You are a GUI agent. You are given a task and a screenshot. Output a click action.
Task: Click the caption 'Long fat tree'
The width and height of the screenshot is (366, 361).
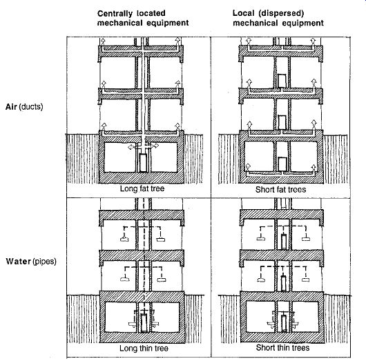tap(142, 188)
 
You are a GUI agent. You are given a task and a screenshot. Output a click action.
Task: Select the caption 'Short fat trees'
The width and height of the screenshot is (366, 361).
tap(280, 190)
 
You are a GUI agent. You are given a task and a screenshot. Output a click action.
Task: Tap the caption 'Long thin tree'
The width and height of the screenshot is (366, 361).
tap(144, 349)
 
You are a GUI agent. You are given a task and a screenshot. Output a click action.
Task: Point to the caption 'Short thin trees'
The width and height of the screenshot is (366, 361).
tap(282, 348)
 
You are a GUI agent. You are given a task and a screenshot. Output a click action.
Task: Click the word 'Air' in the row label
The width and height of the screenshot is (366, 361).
tap(11, 107)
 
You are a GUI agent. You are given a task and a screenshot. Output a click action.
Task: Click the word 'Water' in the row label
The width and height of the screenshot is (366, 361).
tap(18, 262)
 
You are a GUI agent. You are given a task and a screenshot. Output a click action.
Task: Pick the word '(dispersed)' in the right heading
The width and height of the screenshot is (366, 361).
tap(281, 13)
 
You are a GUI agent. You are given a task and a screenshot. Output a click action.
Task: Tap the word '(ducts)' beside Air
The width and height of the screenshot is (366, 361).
tap(31, 107)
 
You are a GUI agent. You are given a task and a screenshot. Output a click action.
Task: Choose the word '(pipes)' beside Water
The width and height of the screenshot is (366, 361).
tap(44, 262)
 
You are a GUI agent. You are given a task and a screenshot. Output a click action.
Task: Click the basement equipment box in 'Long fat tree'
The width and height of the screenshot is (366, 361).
tap(143, 163)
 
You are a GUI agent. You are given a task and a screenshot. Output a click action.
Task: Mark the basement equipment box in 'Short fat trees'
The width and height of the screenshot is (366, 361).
tap(282, 164)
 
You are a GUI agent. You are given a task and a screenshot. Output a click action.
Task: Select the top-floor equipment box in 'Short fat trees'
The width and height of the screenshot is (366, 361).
tap(282, 81)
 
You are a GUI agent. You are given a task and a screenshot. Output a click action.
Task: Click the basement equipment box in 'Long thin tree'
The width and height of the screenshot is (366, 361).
tap(144, 323)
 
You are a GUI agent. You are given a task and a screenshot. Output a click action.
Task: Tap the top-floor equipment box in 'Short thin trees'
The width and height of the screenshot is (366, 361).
tap(283, 242)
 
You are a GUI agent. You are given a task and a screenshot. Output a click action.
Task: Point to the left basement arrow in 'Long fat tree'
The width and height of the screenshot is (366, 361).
tap(131, 147)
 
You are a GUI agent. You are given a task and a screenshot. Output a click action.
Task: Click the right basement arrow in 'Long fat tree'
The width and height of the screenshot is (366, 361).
tap(155, 146)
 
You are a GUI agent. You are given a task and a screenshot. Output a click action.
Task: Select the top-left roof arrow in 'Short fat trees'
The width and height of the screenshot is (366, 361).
tap(249, 41)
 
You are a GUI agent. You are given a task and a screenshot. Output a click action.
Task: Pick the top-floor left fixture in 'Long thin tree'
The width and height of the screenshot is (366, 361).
tap(124, 240)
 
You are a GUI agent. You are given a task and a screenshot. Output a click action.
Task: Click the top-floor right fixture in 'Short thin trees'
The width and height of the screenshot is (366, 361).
tap(305, 239)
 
